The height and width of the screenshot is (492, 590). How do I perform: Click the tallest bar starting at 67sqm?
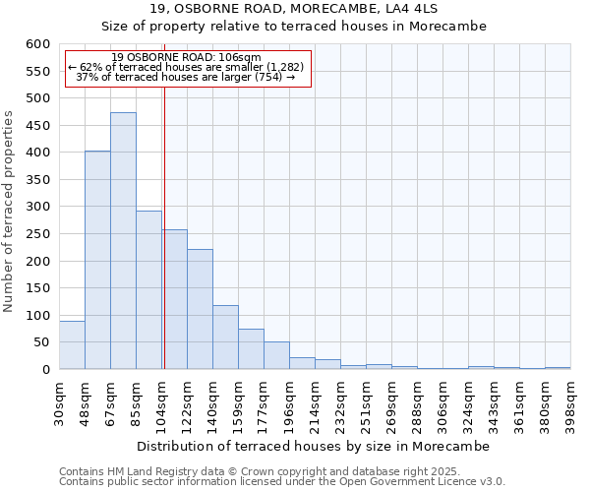123,241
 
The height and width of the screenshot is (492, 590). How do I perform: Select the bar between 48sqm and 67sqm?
97,260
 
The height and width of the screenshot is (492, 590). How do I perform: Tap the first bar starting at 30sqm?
72,345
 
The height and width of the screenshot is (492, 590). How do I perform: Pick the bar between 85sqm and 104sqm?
148,290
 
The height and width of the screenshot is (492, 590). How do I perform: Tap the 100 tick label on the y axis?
38,316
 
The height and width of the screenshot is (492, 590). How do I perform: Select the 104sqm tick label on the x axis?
162,401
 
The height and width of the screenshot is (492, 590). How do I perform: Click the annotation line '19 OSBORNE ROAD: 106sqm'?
187,57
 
